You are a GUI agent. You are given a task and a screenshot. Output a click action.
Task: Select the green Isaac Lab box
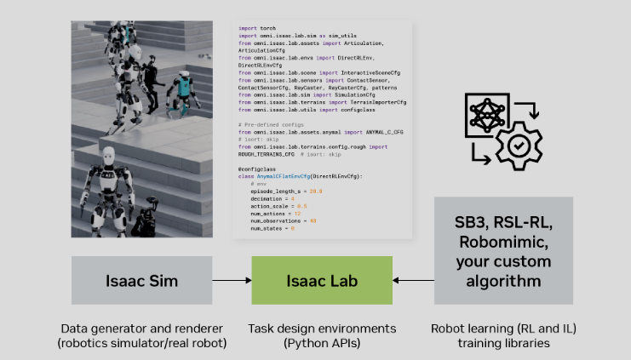pos(321,279)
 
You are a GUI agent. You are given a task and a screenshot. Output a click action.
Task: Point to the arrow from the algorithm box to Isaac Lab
pos(413,279)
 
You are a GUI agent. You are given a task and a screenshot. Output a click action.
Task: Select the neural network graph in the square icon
pos(488,114)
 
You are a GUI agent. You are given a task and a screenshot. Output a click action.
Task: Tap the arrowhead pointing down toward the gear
pos(532,121)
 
